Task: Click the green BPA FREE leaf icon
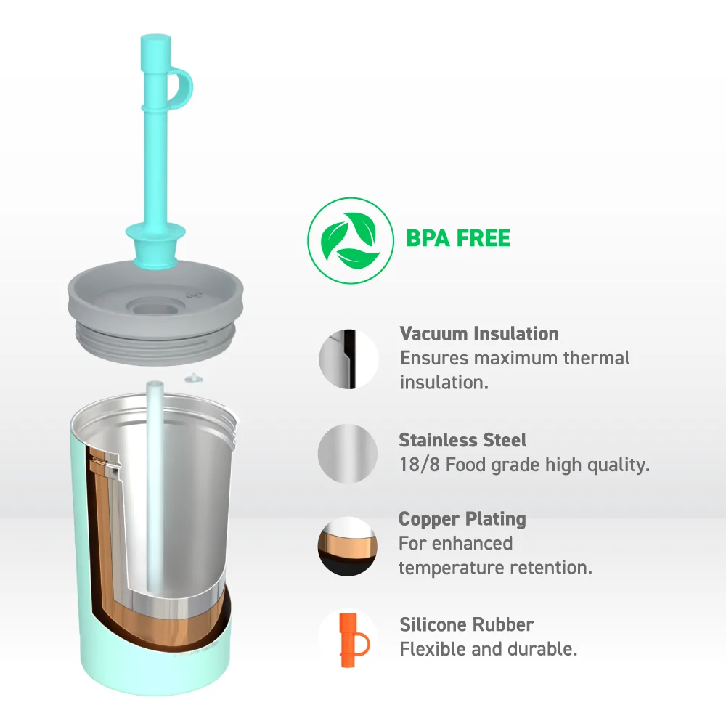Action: pos(351,240)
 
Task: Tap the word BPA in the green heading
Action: pos(428,238)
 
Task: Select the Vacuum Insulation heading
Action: pos(479,333)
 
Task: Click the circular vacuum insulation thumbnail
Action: pos(348,359)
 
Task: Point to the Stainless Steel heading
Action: pos(462,440)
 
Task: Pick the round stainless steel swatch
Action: pos(348,453)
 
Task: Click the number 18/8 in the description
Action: pos(420,465)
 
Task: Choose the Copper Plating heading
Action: pos(462,519)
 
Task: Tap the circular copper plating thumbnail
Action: pos(348,547)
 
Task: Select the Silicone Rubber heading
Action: pos(466,624)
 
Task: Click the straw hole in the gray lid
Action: pos(155,307)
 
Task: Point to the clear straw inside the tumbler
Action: pos(155,486)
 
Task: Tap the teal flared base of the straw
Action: pos(155,245)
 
